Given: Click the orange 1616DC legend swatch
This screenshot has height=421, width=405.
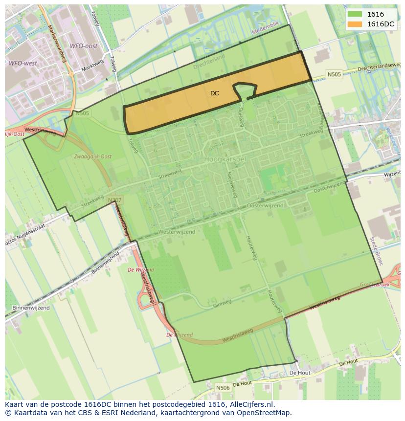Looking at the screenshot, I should pyautogui.click(x=355, y=24).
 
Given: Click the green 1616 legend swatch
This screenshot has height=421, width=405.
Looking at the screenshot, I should pyautogui.click(x=355, y=15).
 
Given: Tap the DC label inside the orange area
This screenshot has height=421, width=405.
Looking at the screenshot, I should pyautogui.click(x=214, y=93).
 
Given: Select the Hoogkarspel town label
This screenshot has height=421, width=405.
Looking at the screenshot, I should pyautogui.click(x=225, y=159).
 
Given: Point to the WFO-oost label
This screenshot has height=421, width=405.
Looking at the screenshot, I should pyautogui.click(x=83, y=46).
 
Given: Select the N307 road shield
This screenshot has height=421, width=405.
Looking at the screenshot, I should pyautogui.click(x=114, y=200).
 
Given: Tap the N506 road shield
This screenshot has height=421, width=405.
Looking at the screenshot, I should pyautogui.click(x=223, y=387).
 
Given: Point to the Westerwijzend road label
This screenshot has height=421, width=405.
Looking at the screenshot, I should pyautogui.click(x=177, y=232).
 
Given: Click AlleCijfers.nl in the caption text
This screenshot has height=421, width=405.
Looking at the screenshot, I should pyautogui.click(x=251, y=404).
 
